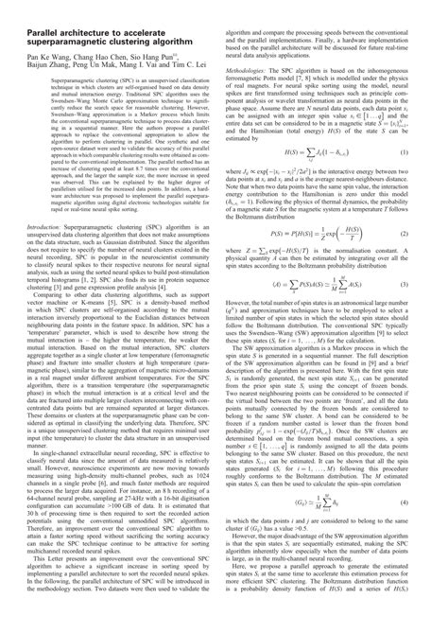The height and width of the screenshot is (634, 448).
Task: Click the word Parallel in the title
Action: click(x=34, y=18)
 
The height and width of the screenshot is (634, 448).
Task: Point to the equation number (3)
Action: click(x=427, y=311)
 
